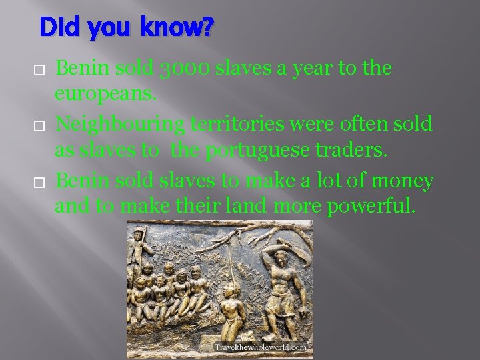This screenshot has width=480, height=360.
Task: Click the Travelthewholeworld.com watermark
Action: tap(260, 347)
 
